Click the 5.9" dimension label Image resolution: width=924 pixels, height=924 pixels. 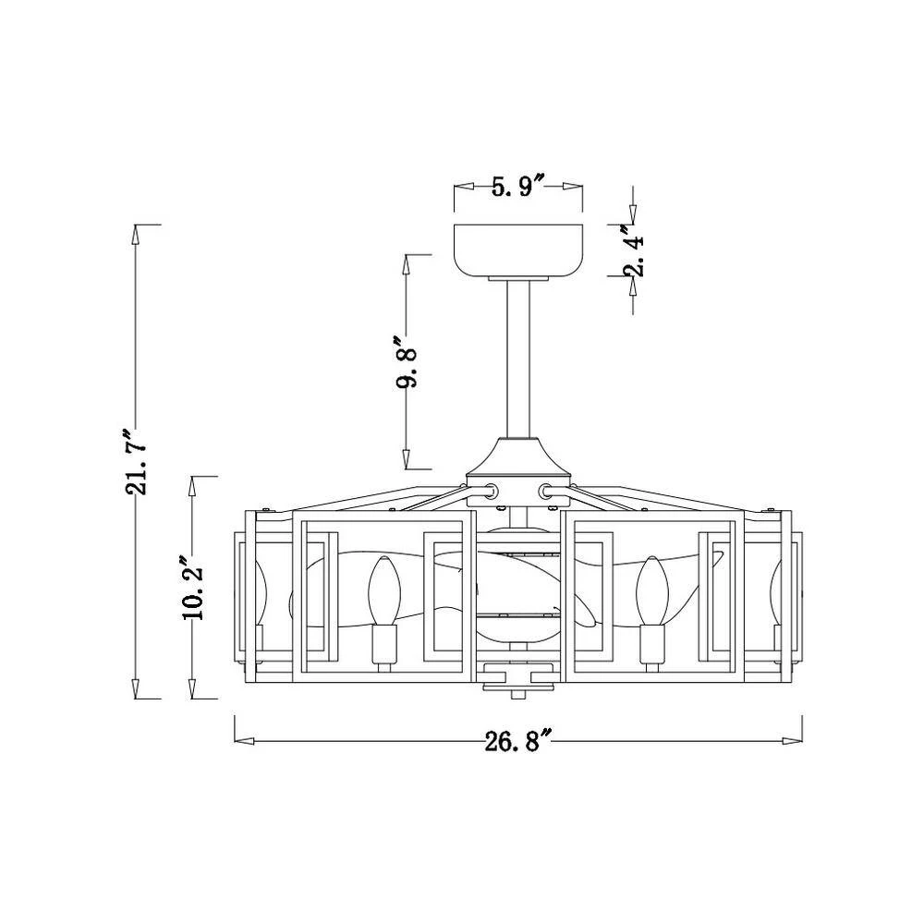(x=517, y=187)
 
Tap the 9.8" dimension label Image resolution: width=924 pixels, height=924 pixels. (x=407, y=362)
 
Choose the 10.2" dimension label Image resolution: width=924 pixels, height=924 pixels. (x=193, y=587)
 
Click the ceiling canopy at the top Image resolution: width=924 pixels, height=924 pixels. (x=518, y=251)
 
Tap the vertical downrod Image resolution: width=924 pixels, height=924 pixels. (x=518, y=359)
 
